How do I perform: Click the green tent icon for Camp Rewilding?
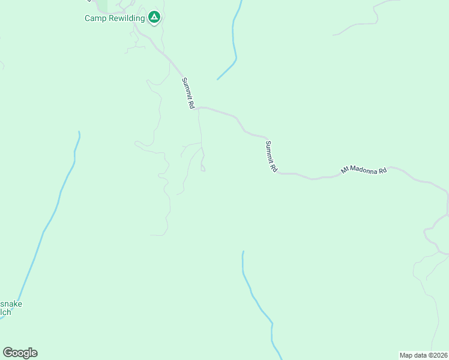(x=154, y=17)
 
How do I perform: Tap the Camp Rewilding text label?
(x=115, y=18)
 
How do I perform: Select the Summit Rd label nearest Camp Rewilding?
(x=188, y=93)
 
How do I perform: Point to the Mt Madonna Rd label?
(x=364, y=170)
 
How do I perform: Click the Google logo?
(x=20, y=353)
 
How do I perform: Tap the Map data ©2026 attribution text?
(x=423, y=355)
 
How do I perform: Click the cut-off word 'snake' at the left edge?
(x=11, y=304)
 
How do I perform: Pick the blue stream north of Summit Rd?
(x=234, y=36)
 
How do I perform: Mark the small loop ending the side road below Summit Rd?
(x=203, y=169)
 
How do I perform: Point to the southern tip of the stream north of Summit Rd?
(x=218, y=79)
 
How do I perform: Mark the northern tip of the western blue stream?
(x=79, y=132)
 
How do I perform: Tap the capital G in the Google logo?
(x=8, y=352)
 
